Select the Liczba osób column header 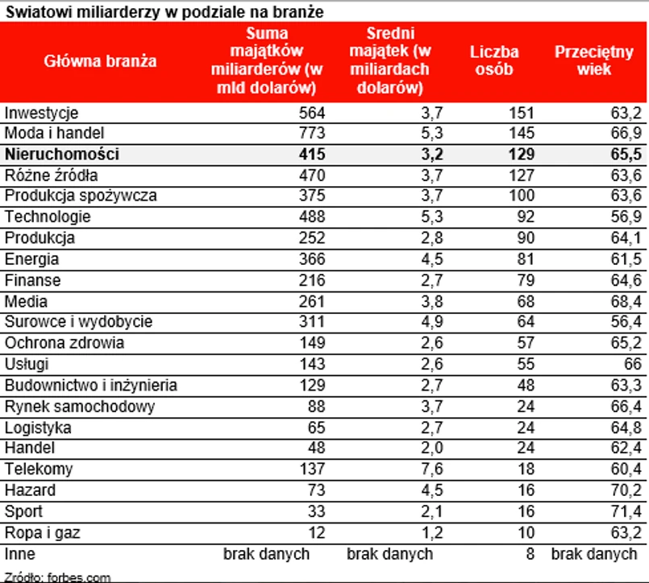click(x=494, y=60)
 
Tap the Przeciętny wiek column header click(x=594, y=60)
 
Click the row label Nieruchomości click(x=62, y=154)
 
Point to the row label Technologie click(x=48, y=217)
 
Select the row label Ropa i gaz click(x=43, y=532)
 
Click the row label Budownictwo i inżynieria click(x=91, y=386)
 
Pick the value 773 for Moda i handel click(x=312, y=133)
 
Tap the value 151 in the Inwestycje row click(x=521, y=112)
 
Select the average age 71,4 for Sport click(x=626, y=511)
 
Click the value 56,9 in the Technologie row click(x=626, y=217)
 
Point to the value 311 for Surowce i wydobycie click(x=312, y=322)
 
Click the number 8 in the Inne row click(x=529, y=554)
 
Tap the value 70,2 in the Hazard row click(x=626, y=490)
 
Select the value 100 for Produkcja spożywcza click(x=521, y=196)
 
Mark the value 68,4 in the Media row click(x=626, y=301)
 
